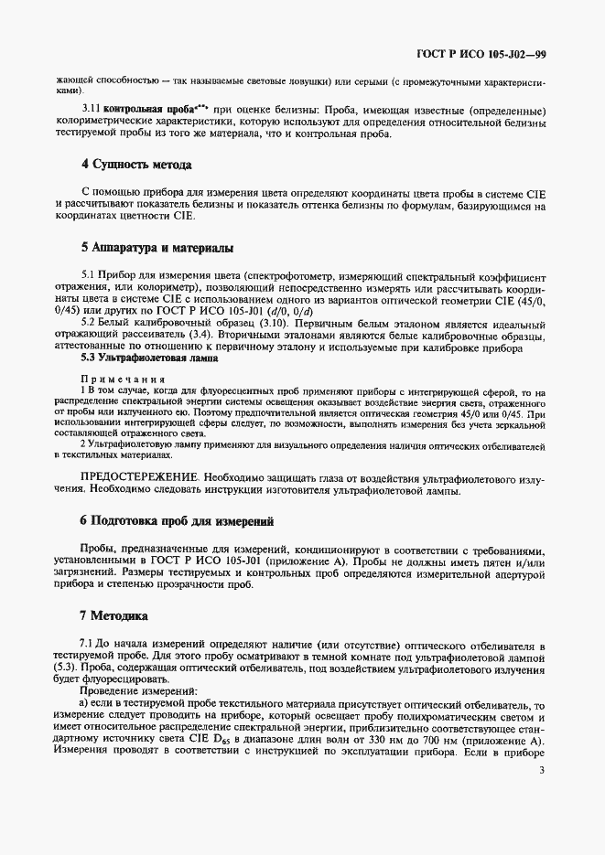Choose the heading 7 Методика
[115, 615]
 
